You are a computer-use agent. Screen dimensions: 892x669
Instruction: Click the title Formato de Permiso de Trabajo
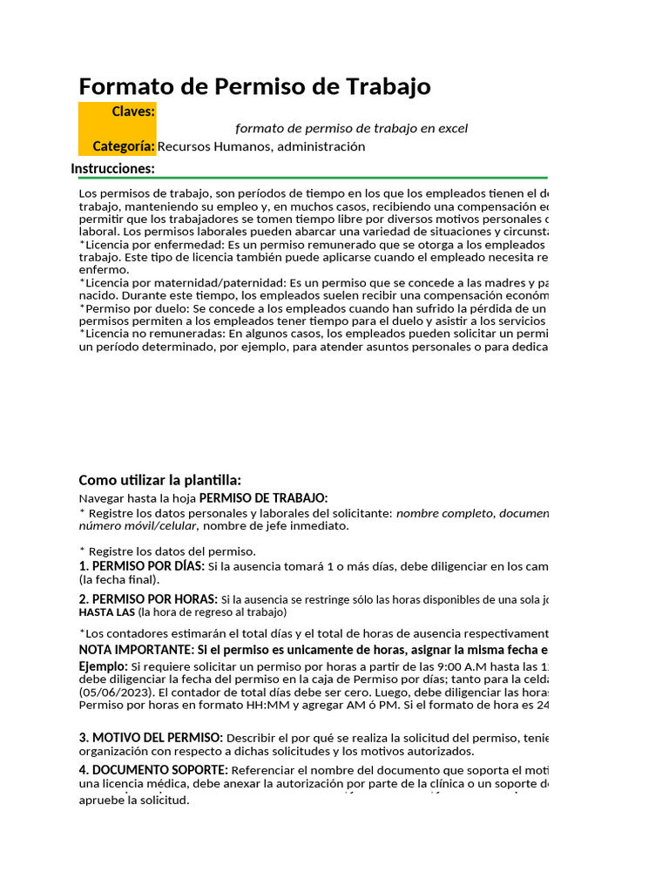(254, 86)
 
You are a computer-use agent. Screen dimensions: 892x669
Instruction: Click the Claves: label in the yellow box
(133, 111)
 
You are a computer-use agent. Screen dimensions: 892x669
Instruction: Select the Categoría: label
(124, 146)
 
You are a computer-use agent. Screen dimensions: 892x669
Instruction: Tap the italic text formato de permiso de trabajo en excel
(351, 128)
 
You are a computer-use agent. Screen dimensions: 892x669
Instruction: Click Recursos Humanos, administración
(261, 146)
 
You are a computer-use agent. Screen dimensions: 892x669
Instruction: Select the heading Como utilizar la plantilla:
(159, 480)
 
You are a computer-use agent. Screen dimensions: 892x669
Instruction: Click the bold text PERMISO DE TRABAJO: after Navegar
(263, 497)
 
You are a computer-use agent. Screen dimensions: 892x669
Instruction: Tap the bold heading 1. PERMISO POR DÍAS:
(141, 565)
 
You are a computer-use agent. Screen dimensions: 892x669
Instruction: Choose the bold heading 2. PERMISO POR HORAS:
(148, 599)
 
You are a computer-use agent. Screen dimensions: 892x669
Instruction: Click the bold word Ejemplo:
(103, 666)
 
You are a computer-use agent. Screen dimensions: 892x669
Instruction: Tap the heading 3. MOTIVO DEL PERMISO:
(151, 738)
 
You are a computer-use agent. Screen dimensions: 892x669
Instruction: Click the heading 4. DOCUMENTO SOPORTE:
(153, 770)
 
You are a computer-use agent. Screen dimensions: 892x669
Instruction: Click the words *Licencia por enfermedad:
(147, 245)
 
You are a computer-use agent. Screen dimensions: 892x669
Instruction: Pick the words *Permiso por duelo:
(133, 307)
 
